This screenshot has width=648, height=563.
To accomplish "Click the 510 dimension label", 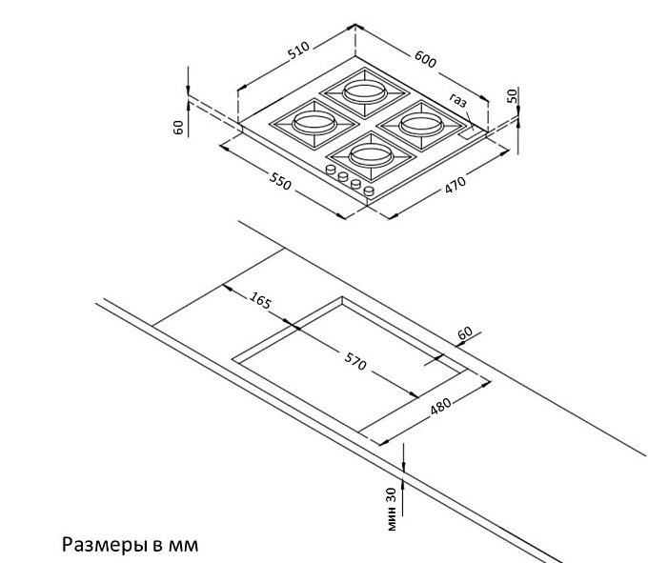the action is [298, 50].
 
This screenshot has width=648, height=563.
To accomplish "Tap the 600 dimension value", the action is [425, 59].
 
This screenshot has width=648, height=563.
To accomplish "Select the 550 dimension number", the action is [280, 181].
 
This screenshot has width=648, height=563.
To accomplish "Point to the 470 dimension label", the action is [456, 184].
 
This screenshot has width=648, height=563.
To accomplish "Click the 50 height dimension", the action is [513, 96].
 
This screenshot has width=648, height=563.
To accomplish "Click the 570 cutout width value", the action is [355, 361].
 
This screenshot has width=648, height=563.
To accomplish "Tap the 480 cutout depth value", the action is [441, 406].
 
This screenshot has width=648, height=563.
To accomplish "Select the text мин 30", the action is [392, 509].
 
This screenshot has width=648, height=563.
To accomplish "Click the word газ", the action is [458, 100].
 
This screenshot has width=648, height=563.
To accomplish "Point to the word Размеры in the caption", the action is [106, 545].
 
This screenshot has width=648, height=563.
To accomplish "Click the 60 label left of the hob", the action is [178, 128].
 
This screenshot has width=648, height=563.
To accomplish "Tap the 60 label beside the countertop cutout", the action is [465, 332].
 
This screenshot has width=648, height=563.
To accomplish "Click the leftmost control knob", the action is [331, 170].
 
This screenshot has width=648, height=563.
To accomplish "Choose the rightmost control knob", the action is [369, 191].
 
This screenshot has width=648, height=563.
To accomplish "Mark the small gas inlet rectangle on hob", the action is [468, 133].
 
